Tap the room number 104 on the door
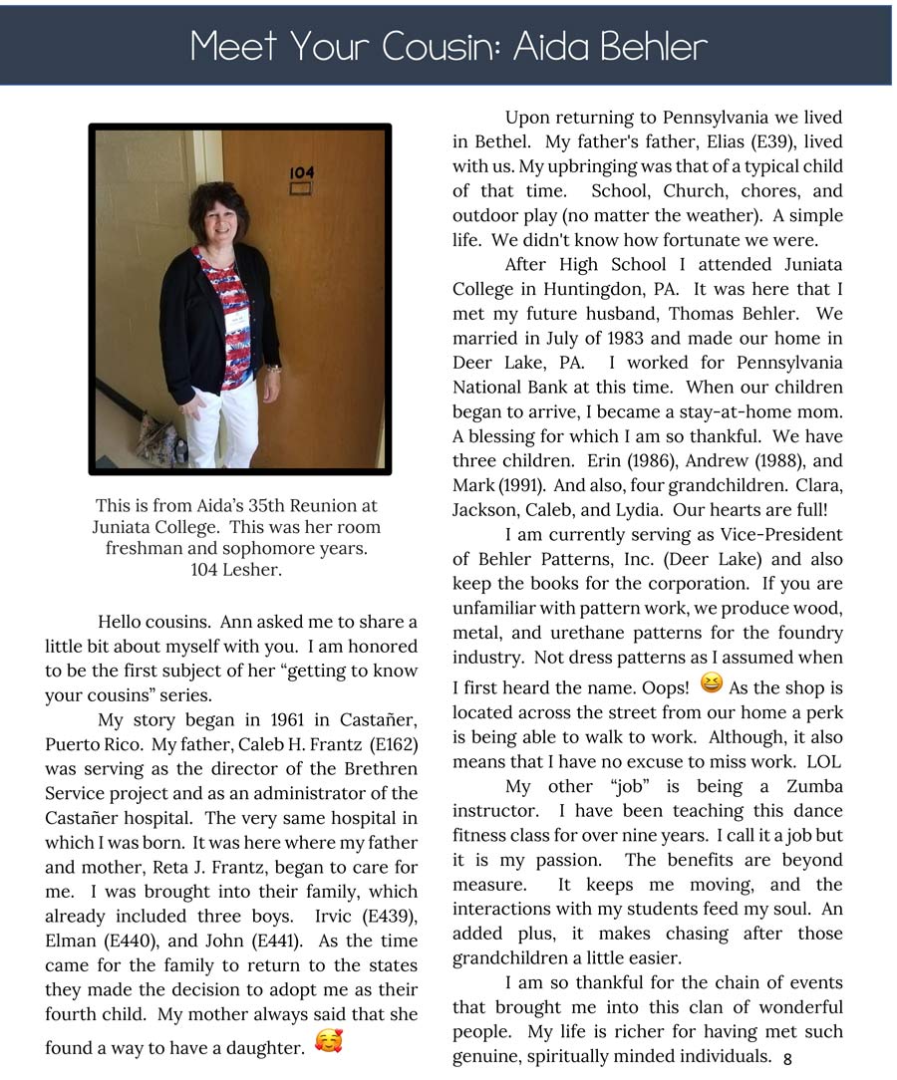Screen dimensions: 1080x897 [x=301, y=172]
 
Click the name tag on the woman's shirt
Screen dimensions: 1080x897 [x=236, y=319]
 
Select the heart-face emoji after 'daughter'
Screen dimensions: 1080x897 [x=328, y=1043]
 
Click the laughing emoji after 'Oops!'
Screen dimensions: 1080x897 [x=712, y=683]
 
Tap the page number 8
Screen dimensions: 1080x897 [x=787, y=1059]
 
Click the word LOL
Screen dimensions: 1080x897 [x=823, y=761]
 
